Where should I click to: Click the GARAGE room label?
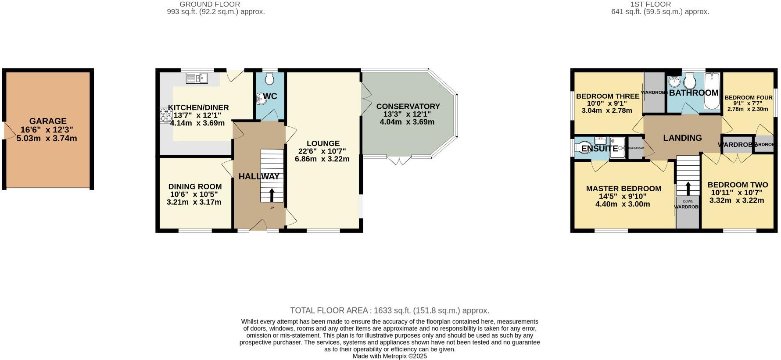coord(48,121)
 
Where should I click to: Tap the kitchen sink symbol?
coord(197,78)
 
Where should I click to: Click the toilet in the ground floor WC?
coord(269,79)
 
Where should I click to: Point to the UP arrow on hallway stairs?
coord(272,195)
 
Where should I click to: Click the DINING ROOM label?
coord(195,186)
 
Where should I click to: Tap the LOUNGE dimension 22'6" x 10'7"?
coord(322,151)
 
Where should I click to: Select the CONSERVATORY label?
coord(408,106)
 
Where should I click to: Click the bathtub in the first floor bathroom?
coord(712,91)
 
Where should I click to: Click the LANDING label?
coord(682,138)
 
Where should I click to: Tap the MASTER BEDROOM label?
coord(623,189)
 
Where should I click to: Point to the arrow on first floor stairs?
coord(688,188)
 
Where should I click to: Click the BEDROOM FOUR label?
coord(748,97)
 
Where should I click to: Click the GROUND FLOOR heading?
coord(210,4)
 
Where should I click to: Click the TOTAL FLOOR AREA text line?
coord(390,310)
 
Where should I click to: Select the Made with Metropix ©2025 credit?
coord(390,356)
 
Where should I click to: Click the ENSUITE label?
coord(599,148)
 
